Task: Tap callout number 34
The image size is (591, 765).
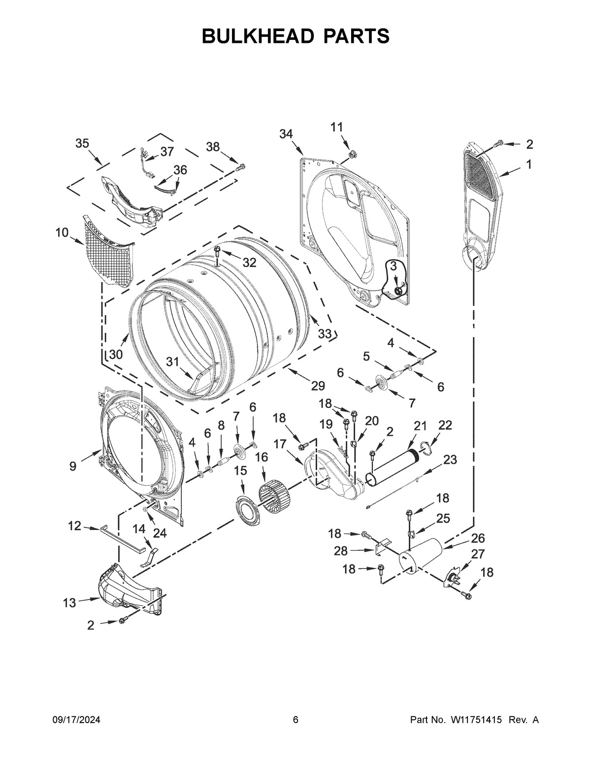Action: pos(286,133)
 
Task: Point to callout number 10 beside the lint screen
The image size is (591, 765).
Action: pos(62,232)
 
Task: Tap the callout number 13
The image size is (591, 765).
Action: pos(69,602)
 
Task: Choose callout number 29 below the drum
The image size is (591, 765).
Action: pos(318,386)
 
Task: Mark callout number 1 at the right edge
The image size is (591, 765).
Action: pos(528,165)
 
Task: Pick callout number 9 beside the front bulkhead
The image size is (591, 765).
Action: pos(72,466)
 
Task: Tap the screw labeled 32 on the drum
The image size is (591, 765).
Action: pos(217,252)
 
